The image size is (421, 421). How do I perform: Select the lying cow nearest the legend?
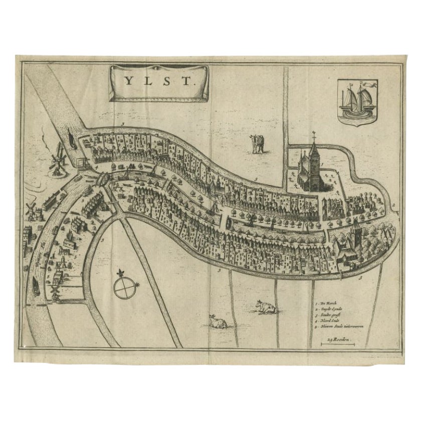[265, 306]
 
